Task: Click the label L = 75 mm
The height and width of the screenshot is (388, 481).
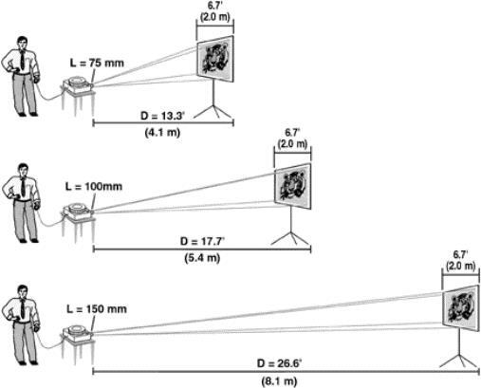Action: coord(97,64)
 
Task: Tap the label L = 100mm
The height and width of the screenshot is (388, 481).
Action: coord(94,186)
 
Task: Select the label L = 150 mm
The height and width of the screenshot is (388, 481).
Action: coord(97,309)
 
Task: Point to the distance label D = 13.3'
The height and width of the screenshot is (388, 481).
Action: coord(162,116)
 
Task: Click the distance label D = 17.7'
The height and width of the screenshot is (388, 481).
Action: coord(202,242)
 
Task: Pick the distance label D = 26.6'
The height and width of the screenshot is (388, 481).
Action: coord(279,363)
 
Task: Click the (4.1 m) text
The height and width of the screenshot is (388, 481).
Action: coord(162,132)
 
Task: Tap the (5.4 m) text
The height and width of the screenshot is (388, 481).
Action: coord(202,258)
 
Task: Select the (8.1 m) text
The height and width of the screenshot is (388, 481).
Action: coord(279,380)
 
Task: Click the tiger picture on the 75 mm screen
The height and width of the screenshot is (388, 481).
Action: coord(214,59)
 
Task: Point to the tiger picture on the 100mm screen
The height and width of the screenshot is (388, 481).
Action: coord(292,187)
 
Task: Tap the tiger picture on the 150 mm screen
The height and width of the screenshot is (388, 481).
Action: coord(461,308)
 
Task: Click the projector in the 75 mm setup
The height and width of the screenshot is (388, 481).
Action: coord(78,83)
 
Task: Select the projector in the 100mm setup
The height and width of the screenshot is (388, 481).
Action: coord(78,210)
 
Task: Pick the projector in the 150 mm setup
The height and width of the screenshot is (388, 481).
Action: coord(78,332)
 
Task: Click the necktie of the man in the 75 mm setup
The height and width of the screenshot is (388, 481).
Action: coord(22,60)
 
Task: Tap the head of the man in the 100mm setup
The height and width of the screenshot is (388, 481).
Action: coord(23,170)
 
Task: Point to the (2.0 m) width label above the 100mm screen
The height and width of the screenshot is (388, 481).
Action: coord(292,144)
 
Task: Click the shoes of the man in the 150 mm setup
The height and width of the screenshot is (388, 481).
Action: coord(28,362)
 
